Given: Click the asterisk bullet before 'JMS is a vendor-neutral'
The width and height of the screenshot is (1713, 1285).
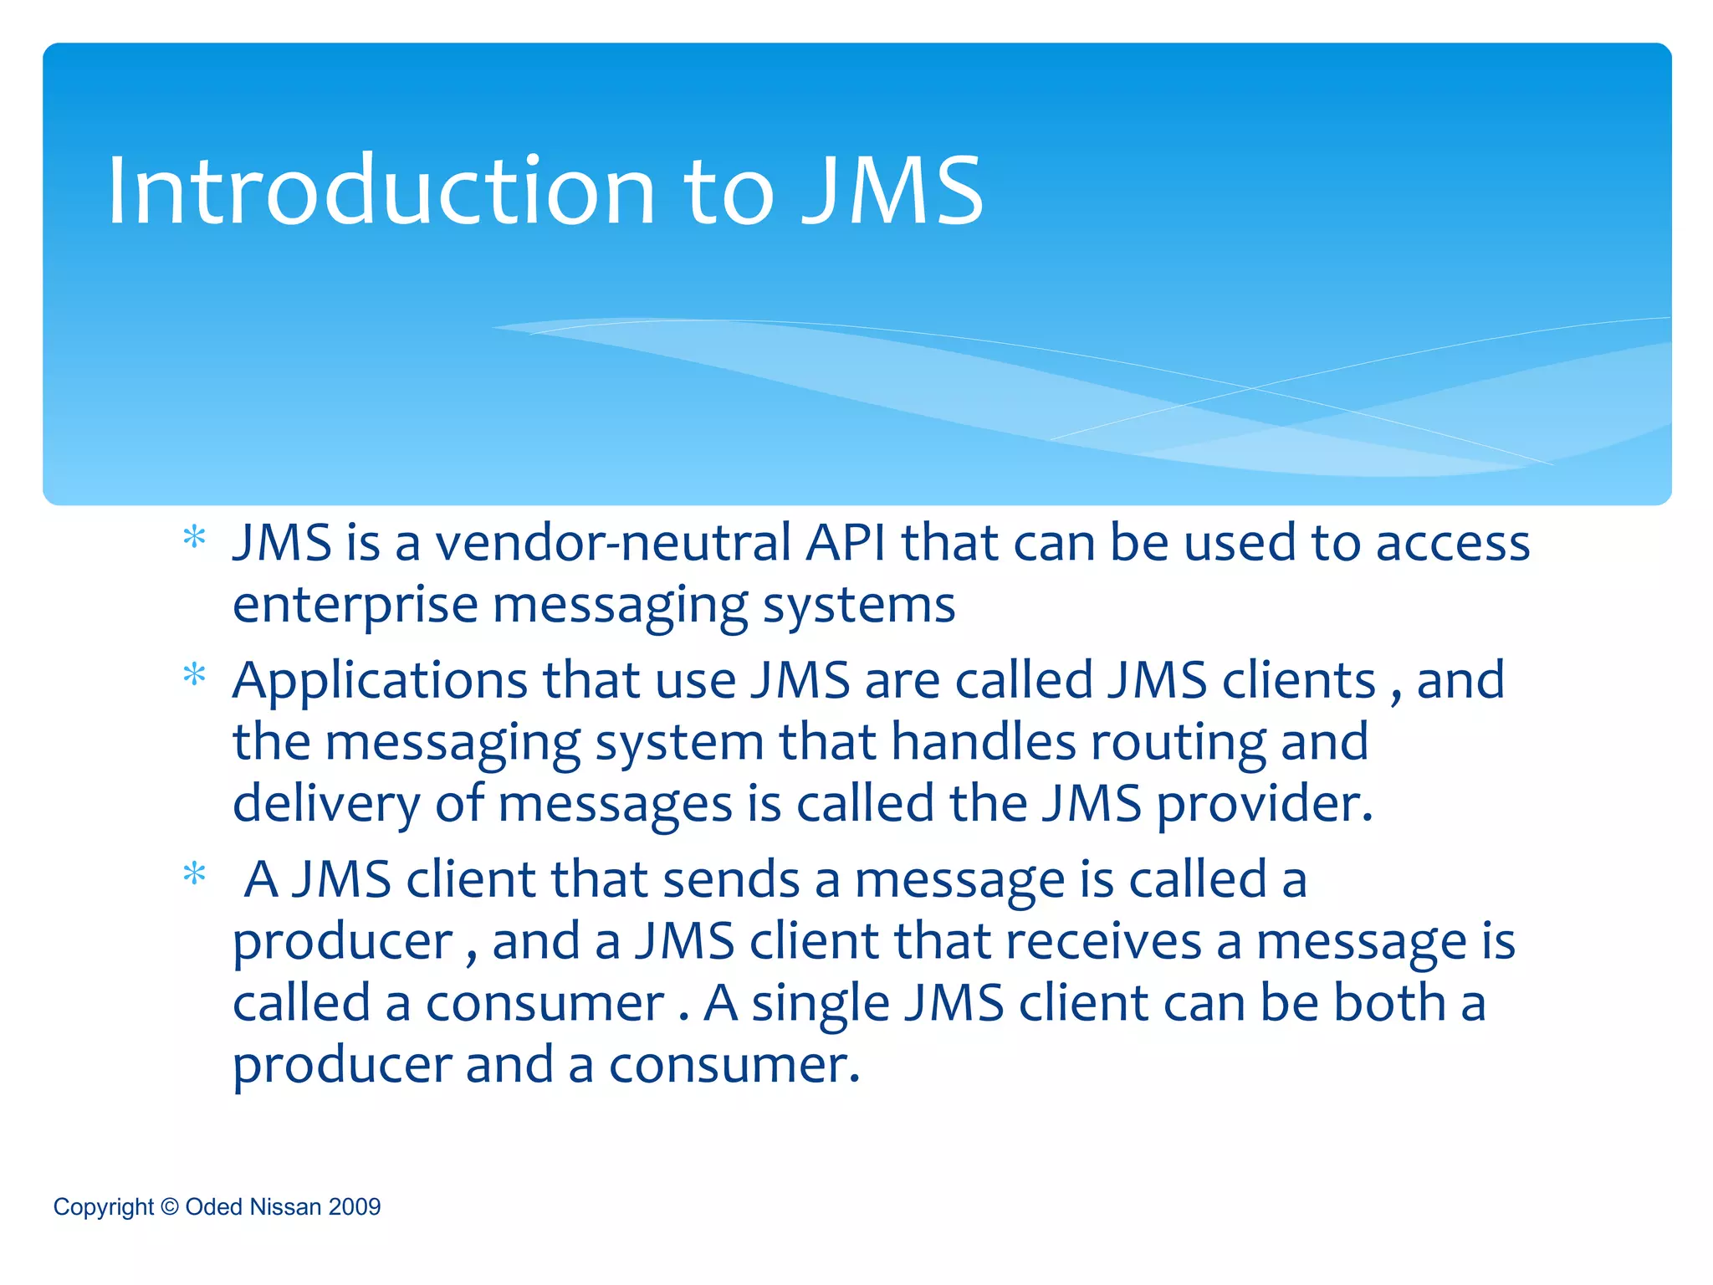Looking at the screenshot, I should point(194,537).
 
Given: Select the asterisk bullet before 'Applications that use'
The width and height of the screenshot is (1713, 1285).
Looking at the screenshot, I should point(194,674).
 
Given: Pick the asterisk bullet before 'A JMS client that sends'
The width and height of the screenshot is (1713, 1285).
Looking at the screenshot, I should point(194,875).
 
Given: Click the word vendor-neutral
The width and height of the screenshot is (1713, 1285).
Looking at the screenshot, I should point(612,543).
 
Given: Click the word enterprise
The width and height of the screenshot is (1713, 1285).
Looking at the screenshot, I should point(355,606).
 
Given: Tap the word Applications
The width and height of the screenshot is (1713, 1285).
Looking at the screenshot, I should point(380,681).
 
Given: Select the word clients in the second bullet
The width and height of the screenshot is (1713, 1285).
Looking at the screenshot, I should point(1298,680).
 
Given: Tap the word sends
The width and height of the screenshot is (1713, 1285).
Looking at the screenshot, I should point(731,880).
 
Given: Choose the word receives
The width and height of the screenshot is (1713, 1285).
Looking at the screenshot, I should point(1103,942).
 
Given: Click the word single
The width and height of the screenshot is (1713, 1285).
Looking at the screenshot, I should point(820,1004).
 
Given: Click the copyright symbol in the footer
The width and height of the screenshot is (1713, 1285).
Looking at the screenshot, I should point(170,1206).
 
